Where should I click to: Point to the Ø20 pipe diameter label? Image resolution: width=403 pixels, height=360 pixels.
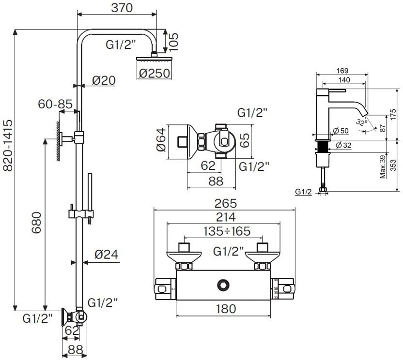click(x=103, y=81)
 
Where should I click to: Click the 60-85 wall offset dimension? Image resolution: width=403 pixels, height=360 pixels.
click(x=56, y=104)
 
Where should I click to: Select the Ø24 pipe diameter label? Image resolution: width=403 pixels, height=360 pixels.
click(x=107, y=255)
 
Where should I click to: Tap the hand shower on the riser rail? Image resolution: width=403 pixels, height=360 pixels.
click(x=89, y=194)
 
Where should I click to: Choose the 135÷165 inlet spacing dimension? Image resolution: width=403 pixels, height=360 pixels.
click(x=224, y=231)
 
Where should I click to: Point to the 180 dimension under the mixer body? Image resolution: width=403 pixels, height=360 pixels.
click(x=224, y=308)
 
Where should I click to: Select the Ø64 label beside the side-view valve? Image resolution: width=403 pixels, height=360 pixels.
click(x=163, y=140)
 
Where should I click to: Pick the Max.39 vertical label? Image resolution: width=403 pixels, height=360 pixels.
click(x=382, y=167)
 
